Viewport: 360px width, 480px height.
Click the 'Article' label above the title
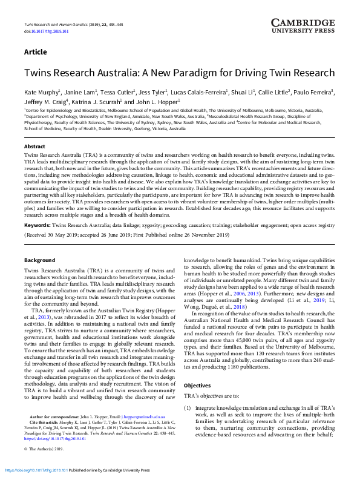click(35, 52)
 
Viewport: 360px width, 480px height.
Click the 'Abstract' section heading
click(34, 147)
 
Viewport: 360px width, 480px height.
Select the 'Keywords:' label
click(37, 208)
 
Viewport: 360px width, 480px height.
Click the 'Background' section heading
click(39, 260)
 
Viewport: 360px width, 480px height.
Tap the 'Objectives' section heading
click(197, 369)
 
